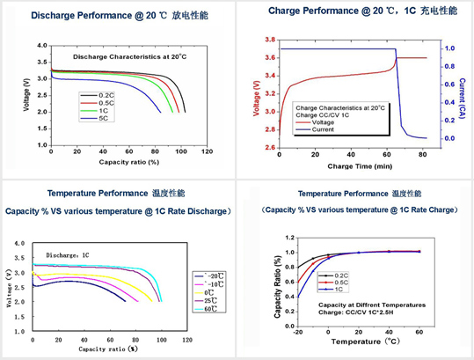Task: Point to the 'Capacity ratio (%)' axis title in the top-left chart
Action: [x=128, y=162]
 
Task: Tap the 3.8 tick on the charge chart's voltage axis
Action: [x=271, y=40]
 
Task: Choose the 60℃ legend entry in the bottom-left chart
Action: [x=209, y=309]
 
